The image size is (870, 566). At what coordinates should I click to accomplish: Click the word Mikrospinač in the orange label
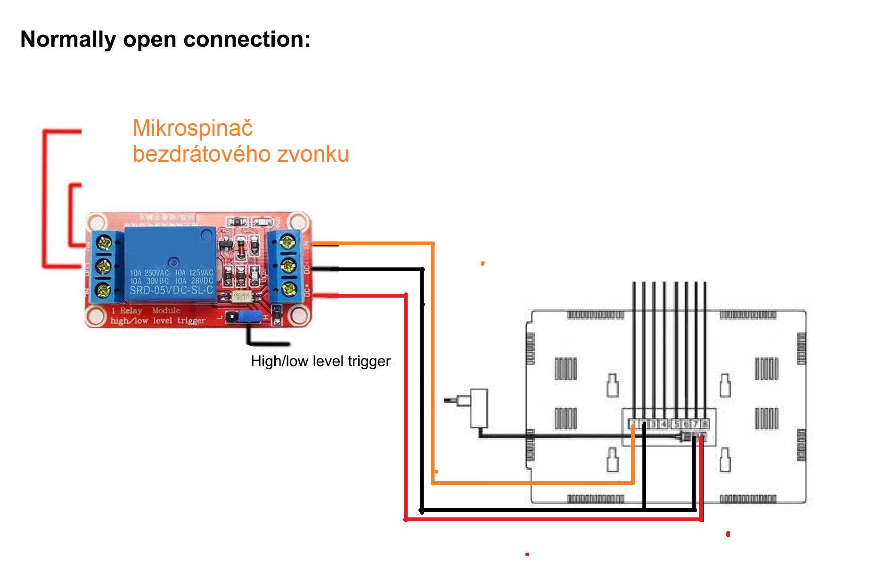(x=192, y=129)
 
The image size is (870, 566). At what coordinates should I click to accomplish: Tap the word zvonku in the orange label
(x=313, y=154)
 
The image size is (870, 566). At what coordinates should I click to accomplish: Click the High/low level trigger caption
(x=320, y=361)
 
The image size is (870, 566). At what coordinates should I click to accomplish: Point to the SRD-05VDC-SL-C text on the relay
(x=171, y=290)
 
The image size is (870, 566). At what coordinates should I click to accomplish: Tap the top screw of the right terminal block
(x=287, y=242)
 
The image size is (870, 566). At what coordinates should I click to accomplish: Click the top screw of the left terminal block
(x=103, y=243)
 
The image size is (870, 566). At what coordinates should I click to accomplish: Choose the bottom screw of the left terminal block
(x=103, y=290)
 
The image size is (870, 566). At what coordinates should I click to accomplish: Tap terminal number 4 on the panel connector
(x=663, y=424)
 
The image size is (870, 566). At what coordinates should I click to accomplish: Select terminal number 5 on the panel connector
(x=676, y=424)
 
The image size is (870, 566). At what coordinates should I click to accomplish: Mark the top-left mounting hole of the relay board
(x=96, y=222)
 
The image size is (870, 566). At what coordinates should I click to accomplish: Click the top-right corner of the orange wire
(x=433, y=243)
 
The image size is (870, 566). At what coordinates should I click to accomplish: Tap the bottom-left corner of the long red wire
(x=406, y=519)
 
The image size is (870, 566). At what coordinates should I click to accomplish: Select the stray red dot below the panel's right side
(x=728, y=534)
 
